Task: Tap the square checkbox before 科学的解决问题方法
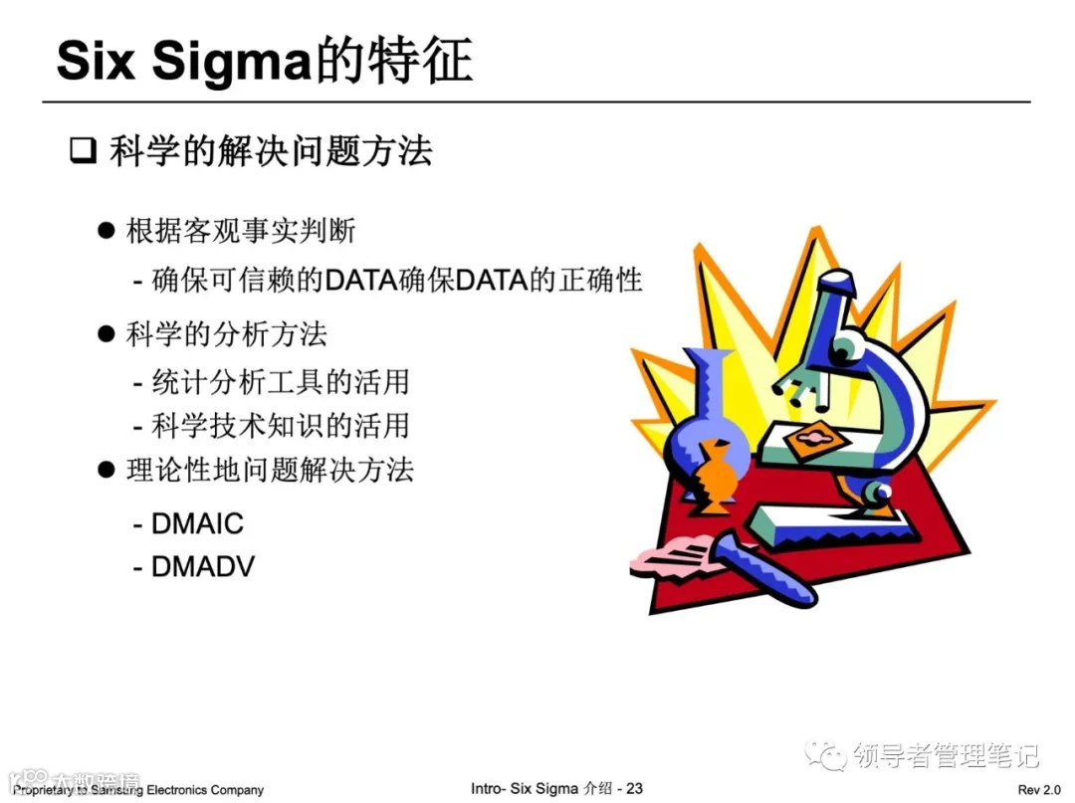tap(81, 153)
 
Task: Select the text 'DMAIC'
tap(197, 523)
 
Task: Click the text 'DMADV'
tap(203, 567)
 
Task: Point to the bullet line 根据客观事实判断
tap(240, 231)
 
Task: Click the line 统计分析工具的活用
tap(280, 381)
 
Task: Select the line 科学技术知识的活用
tap(280, 425)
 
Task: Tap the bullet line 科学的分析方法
tap(226, 334)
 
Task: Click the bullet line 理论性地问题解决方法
tap(269, 470)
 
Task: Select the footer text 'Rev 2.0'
tap(1039, 789)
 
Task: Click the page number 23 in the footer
tap(634, 789)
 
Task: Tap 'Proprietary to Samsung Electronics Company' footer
tap(138, 790)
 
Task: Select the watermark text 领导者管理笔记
tap(947, 755)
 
